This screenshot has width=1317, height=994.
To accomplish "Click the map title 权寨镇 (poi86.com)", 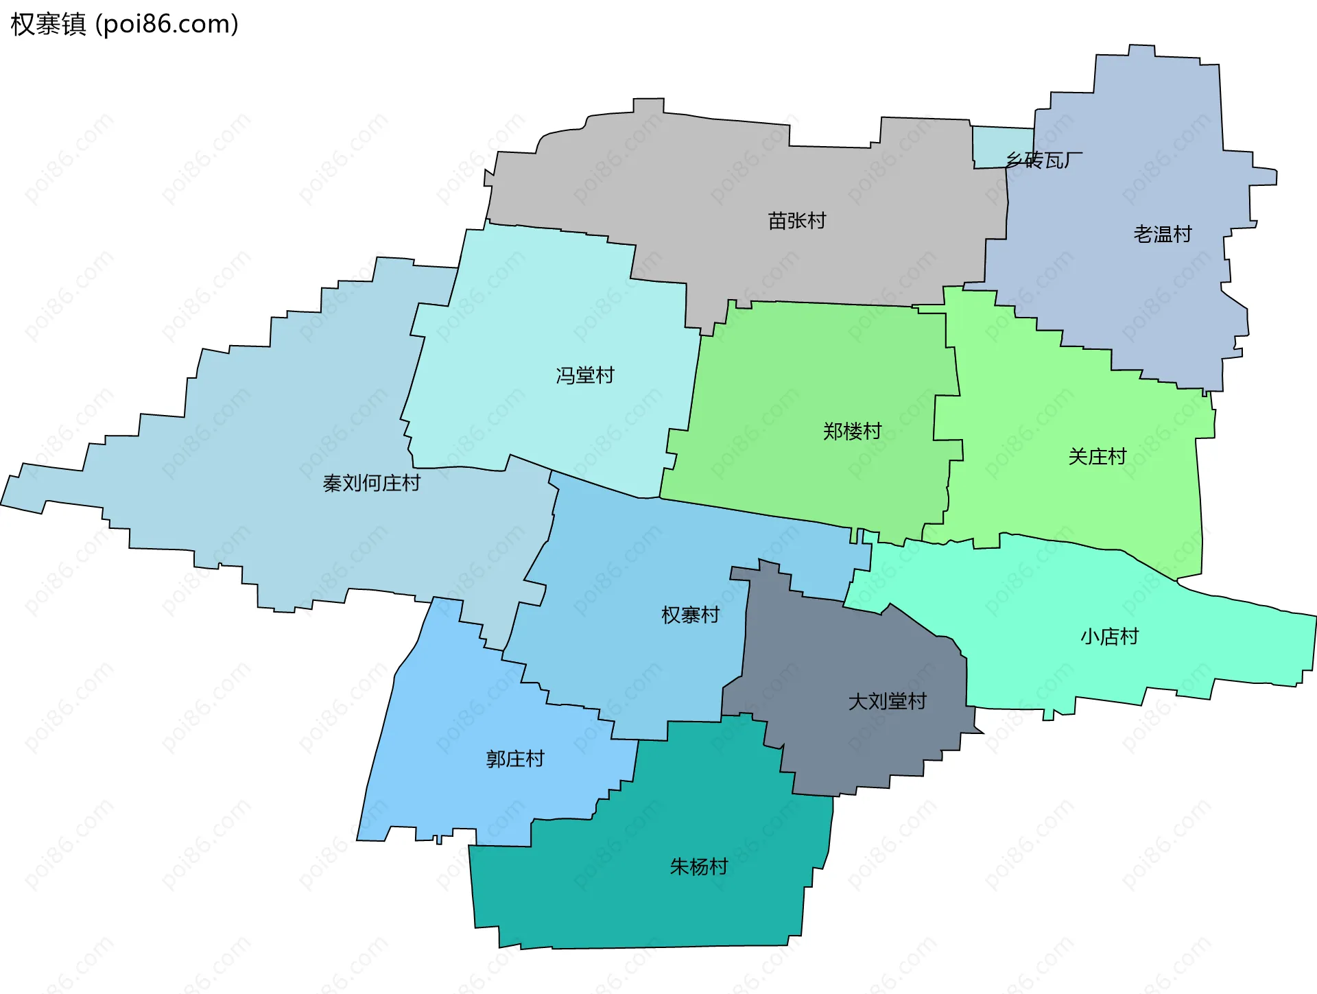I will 124,25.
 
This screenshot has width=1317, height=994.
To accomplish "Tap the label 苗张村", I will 796,221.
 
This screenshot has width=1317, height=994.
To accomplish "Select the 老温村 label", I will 1162,235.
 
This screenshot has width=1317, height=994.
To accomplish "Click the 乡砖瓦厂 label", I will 1043,161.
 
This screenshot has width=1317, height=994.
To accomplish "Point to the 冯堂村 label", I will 584,375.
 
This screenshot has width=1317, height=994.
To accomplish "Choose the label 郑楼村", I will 852,431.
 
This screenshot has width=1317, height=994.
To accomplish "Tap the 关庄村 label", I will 1097,457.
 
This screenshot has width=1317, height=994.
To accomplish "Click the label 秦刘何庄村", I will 371,484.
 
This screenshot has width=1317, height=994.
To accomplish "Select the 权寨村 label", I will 690,615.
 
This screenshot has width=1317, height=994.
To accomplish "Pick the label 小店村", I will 1109,637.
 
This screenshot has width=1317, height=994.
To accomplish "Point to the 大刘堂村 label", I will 887,702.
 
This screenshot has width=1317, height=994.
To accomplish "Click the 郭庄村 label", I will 515,759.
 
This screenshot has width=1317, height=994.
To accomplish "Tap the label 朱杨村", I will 698,867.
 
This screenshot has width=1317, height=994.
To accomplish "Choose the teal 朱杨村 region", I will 652,906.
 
